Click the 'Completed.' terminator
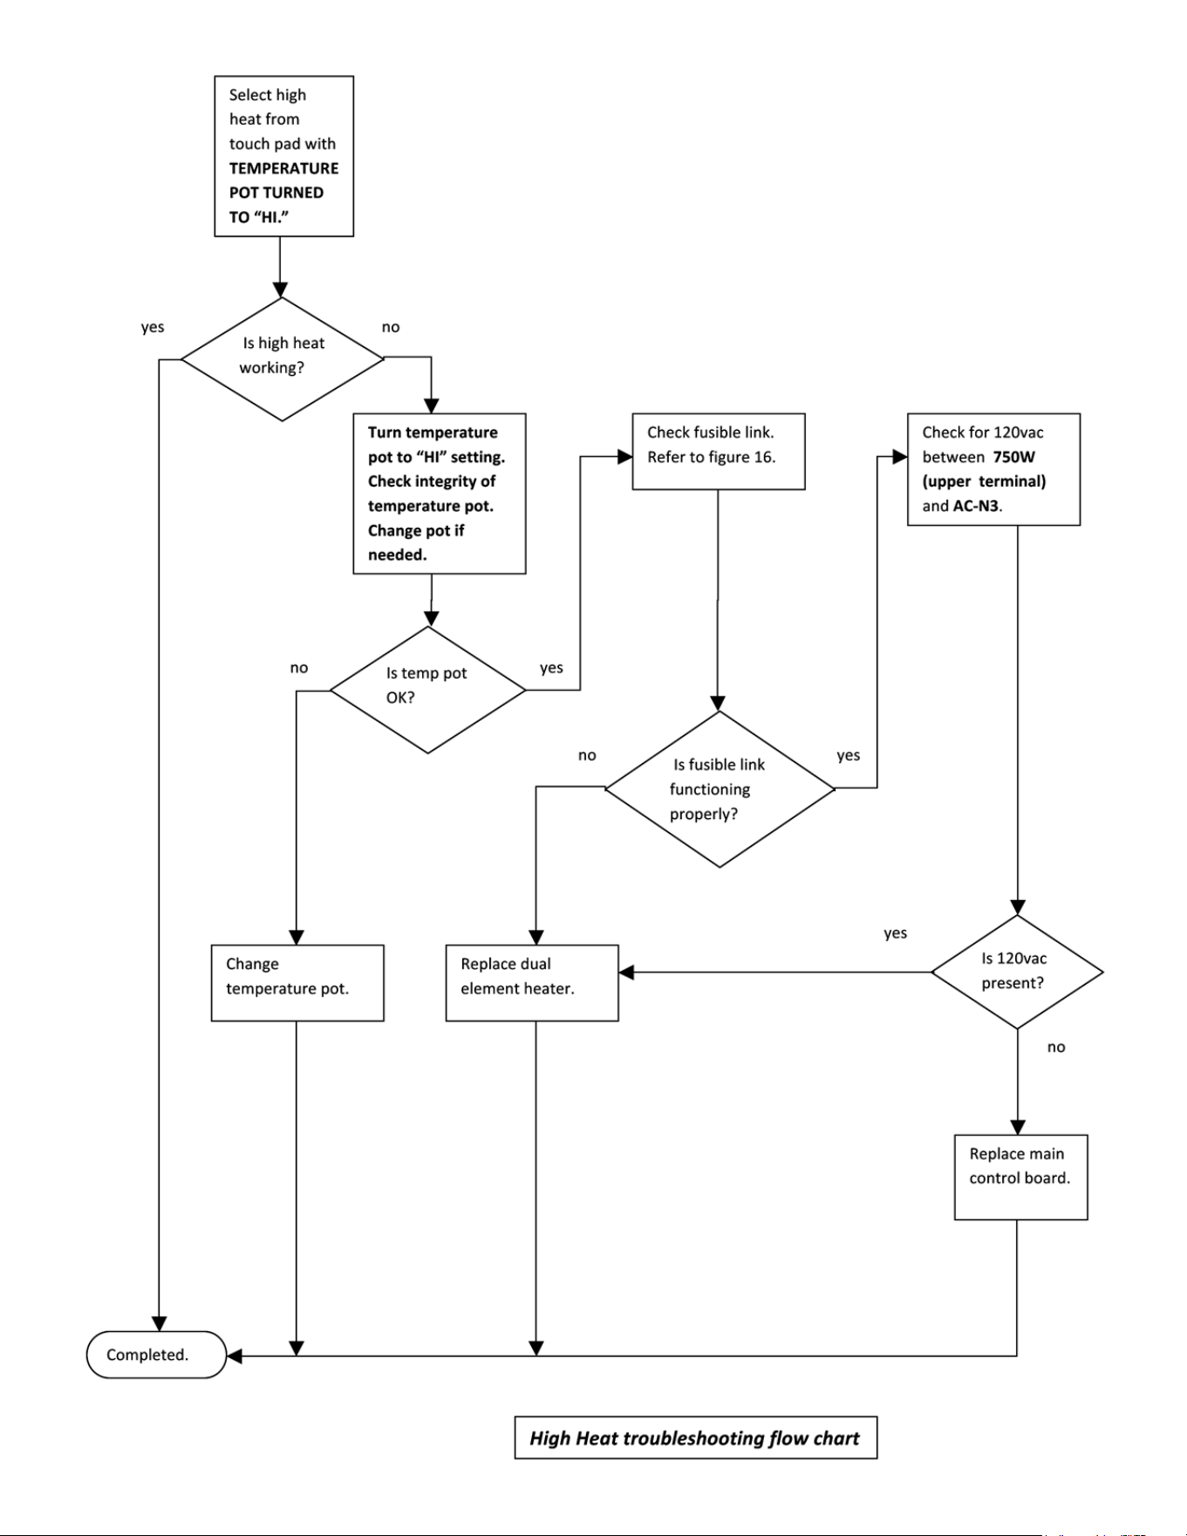pos(156,1355)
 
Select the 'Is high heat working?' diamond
pos(282,358)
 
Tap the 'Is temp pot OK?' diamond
pos(428,689)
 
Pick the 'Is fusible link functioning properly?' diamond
pos(720,789)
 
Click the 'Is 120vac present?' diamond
pos(1017,972)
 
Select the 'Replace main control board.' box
pos(1020,1177)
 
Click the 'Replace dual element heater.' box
pos(532,982)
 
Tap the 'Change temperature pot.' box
pos(297,982)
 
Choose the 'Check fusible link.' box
pos(719,451)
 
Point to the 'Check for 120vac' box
pos(993,469)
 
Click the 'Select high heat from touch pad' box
pos(284,156)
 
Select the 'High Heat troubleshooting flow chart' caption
pos(695,1437)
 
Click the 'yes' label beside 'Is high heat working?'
pos(153,327)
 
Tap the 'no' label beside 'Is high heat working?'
pos(391,327)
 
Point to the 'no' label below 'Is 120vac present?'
pos(1056,1047)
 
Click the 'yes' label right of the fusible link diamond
pos(849,755)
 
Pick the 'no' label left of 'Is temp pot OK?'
pos(299,667)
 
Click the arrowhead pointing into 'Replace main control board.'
pos(1017,1127)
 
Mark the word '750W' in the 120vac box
pos(1014,456)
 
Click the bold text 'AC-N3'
pos(976,506)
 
